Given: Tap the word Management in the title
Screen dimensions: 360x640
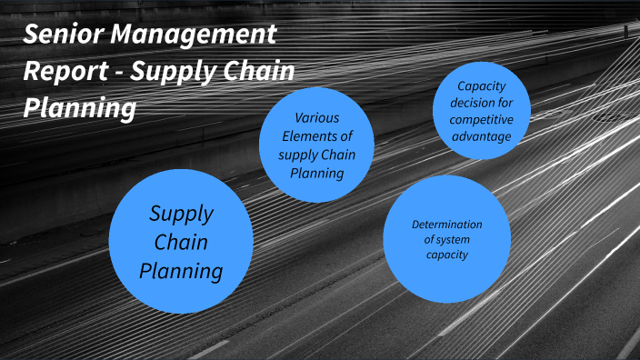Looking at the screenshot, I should (193, 36).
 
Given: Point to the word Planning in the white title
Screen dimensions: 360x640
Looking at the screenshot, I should (80, 108).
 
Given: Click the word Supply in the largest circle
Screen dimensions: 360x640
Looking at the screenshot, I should (181, 215).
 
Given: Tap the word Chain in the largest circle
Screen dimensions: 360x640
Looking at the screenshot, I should (181, 242).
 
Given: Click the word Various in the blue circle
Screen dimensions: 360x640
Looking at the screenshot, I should (316, 118).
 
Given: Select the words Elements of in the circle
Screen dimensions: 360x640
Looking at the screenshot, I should (316, 136).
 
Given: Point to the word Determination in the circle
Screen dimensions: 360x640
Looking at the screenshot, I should (446, 224).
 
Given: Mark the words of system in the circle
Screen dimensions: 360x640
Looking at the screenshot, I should (446, 239).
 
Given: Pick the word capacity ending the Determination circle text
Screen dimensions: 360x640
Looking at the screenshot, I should (446, 255).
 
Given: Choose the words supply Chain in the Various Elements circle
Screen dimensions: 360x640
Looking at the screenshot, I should (316, 155).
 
